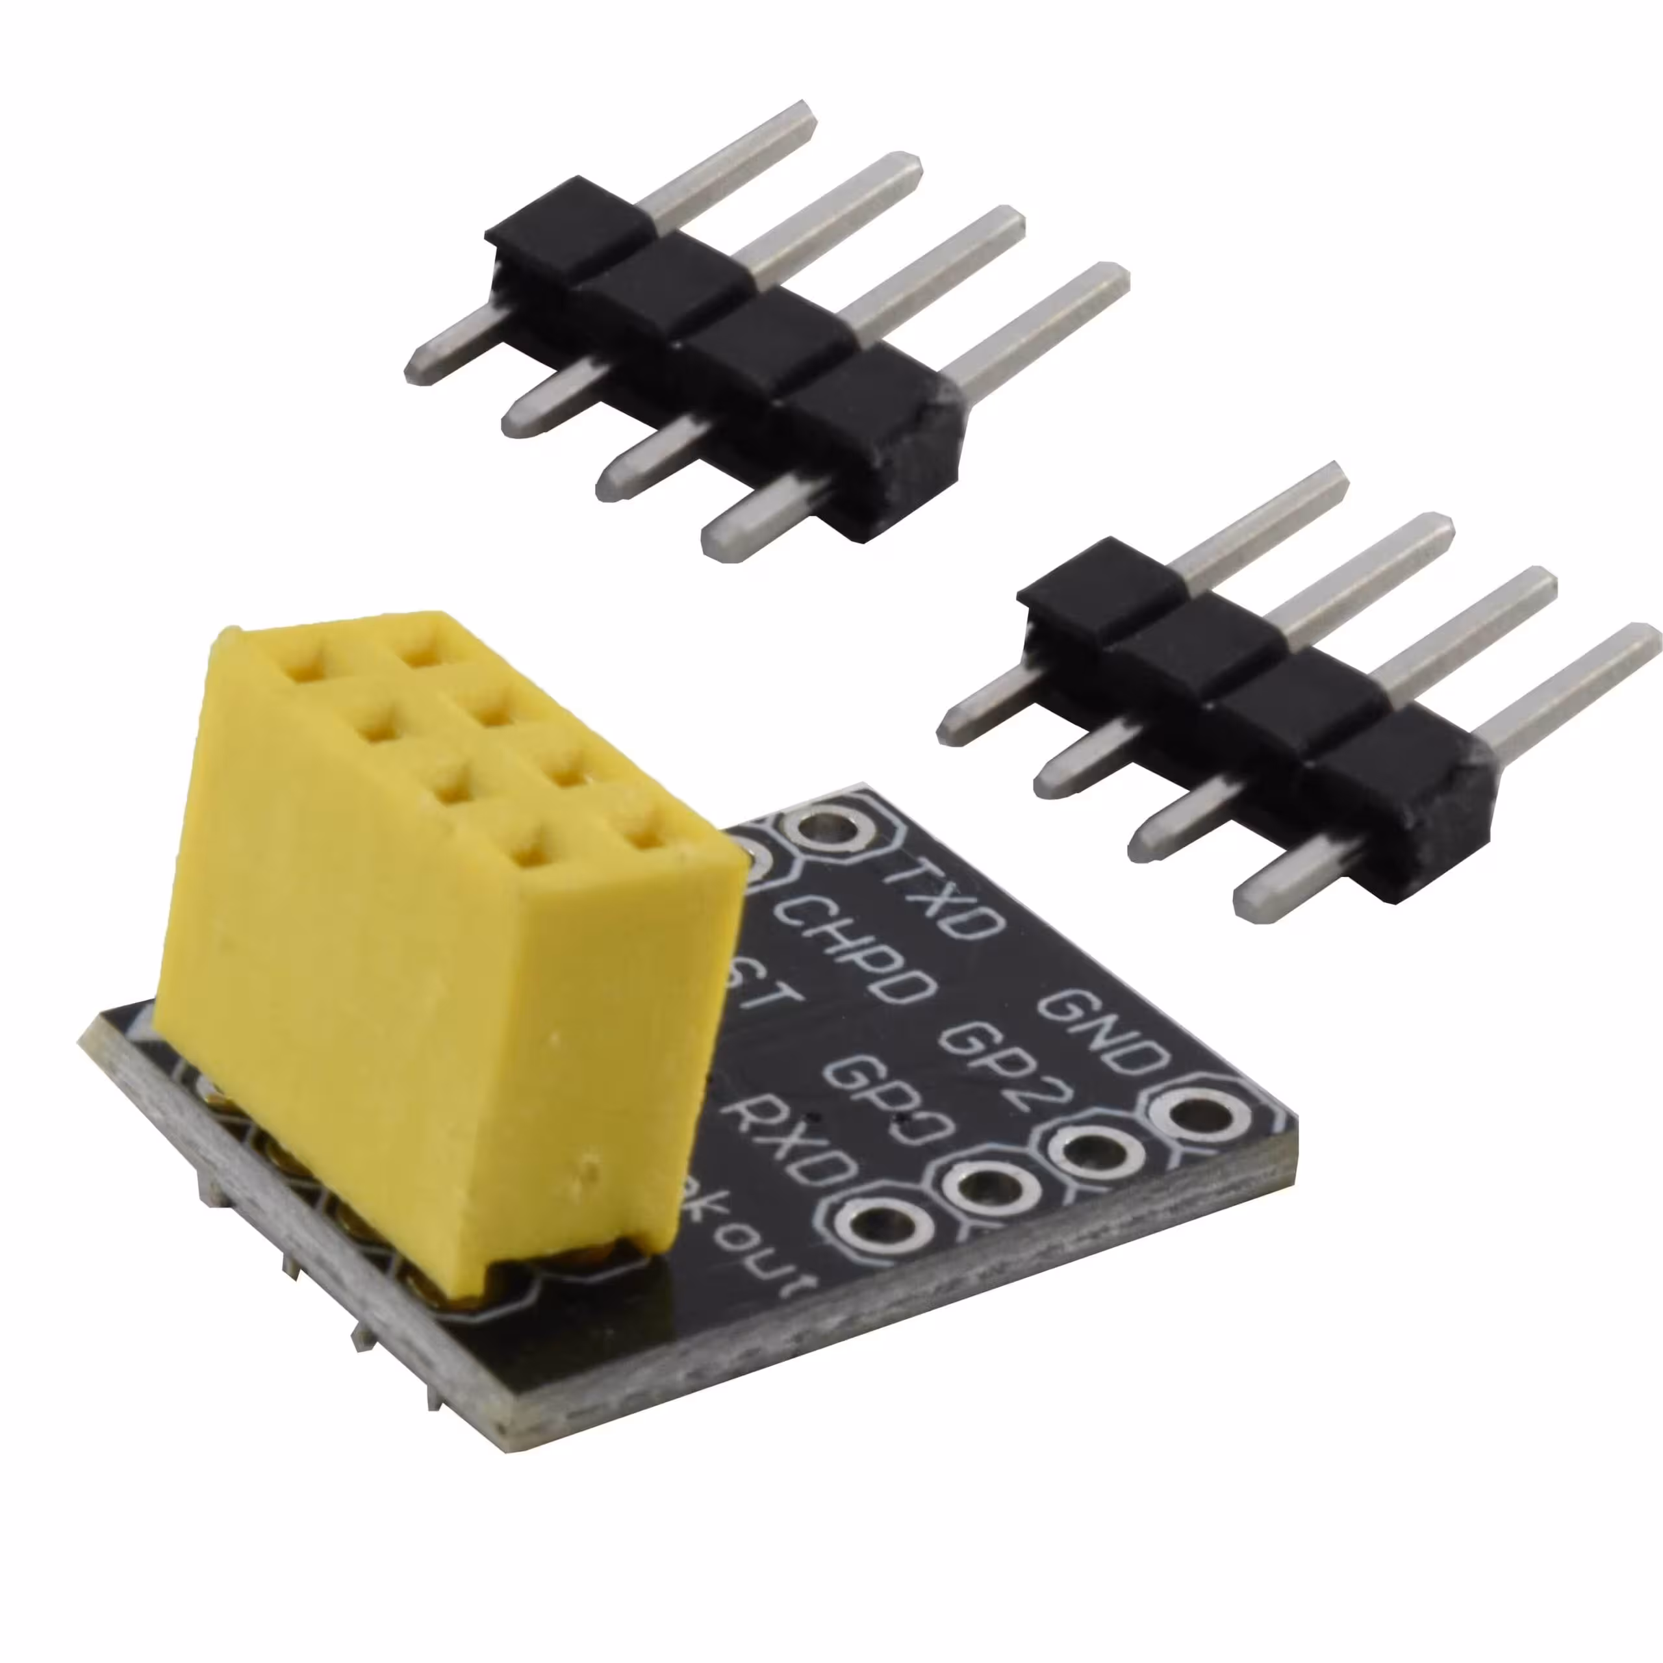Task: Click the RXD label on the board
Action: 790,1139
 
